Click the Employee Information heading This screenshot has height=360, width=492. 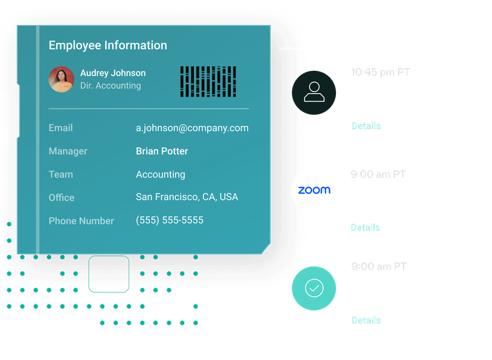point(108,45)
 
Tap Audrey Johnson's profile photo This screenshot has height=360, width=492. point(61,79)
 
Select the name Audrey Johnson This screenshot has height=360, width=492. point(113,73)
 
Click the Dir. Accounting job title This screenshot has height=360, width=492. point(110,85)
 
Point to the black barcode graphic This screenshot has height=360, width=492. point(208,81)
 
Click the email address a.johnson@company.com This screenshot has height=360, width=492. point(192,128)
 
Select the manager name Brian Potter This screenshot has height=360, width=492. point(162,151)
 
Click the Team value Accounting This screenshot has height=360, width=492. point(160,174)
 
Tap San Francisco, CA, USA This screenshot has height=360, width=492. point(187,197)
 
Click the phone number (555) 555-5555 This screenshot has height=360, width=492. point(169,220)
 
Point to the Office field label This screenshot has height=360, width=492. point(61,197)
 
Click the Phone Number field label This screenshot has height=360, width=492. point(81,221)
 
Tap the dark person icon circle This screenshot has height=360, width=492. point(314,92)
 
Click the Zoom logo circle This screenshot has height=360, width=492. point(314,191)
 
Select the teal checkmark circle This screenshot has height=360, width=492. point(314,288)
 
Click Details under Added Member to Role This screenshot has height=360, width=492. point(365,125)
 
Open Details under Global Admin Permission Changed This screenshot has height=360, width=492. point(365,228)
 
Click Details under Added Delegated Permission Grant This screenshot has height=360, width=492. point(365,320)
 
